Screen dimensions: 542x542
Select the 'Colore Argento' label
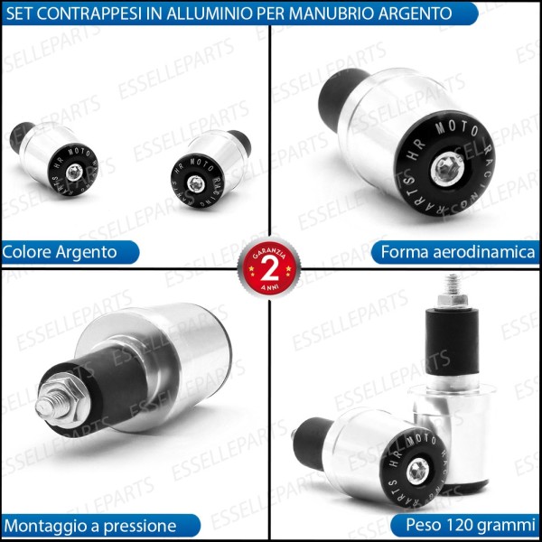(61, 252)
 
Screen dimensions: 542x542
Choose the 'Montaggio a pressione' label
(89, 524)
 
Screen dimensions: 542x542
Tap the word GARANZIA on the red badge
(268, 249)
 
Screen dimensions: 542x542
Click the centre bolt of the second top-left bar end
(197, 183)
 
